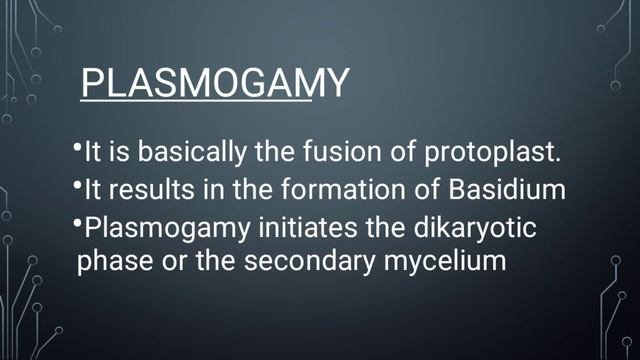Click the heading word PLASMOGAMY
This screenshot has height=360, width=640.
click(215, 83)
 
